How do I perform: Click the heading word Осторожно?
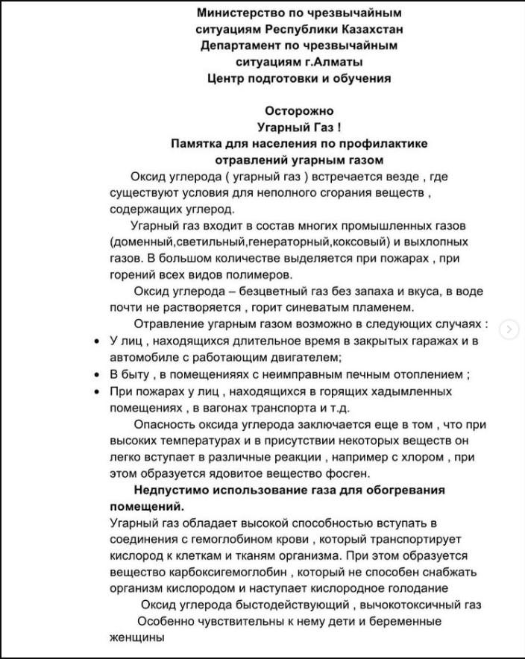299,111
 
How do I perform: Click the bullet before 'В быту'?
98,374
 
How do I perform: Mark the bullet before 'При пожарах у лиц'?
98,391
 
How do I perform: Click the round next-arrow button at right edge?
509,329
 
